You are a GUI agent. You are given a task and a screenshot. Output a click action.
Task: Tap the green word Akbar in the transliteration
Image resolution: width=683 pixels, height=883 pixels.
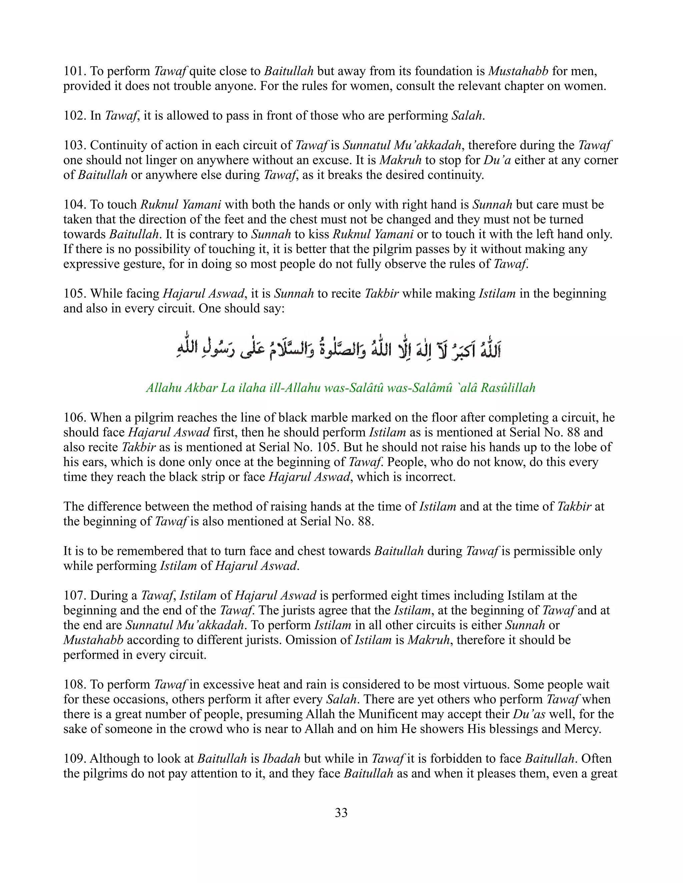pos(201,388)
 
